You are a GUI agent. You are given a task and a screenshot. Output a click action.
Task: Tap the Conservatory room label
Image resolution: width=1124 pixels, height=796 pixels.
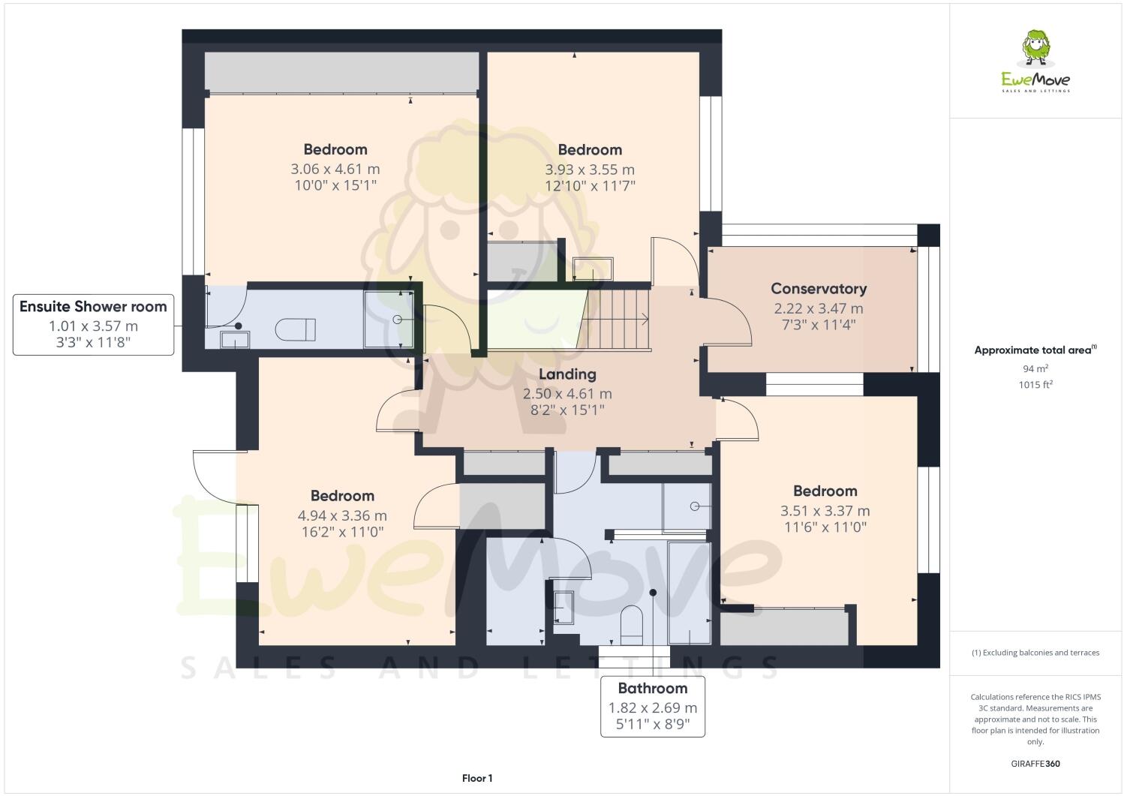(x=819, y=289)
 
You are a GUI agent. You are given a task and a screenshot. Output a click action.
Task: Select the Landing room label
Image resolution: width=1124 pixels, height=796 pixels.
(x=567, y=374)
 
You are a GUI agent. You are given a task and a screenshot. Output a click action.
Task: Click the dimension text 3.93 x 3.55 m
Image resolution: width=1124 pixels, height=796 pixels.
(x=590, y=170)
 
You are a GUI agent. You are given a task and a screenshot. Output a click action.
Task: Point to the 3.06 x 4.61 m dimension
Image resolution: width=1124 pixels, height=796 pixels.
(x=335, y=170)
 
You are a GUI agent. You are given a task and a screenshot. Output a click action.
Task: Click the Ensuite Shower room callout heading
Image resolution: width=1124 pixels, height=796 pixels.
(x=93, y=307)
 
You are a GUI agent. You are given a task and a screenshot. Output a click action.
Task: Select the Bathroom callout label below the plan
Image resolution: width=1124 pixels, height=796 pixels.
(x=652, y=689)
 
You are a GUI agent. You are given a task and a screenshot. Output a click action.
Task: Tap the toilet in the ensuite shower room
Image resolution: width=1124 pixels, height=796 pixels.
(x=296, y=329)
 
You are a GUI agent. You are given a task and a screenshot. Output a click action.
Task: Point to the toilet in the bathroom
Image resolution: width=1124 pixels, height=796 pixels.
(x=632, y=624)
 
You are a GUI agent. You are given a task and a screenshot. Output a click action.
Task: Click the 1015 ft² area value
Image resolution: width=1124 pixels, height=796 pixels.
(x=1035, y=385)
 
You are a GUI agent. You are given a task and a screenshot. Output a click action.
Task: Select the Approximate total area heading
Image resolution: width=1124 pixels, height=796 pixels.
(x=1035, y=350)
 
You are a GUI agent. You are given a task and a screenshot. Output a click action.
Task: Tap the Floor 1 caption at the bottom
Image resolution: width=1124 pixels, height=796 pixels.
(x=477, y=779)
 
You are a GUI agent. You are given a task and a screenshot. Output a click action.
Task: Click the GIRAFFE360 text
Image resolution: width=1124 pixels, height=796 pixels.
(x=1035, y=764)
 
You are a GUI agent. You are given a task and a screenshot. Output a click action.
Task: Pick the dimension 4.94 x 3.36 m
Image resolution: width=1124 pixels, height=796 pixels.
(x=342, y=516)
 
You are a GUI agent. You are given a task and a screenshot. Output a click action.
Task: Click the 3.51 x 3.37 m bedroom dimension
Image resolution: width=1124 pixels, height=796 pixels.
(x=825, y=512)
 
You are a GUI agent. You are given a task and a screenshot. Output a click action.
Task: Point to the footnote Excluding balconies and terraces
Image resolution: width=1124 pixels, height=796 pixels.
(x=1035, y=653)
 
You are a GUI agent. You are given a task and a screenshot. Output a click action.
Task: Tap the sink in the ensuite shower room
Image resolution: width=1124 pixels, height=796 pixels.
(x=234, y=340)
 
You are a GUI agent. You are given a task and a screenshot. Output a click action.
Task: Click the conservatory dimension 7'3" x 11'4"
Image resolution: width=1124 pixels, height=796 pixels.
(x=819, y=325)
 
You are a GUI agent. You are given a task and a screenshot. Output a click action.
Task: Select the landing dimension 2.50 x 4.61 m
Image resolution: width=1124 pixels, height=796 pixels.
(x=567, y=394)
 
